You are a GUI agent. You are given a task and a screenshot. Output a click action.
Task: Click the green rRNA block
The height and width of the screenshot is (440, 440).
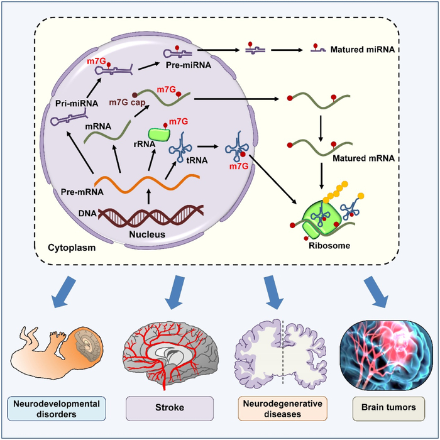160,134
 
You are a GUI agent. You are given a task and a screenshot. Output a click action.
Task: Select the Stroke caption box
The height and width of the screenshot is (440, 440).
167,407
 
